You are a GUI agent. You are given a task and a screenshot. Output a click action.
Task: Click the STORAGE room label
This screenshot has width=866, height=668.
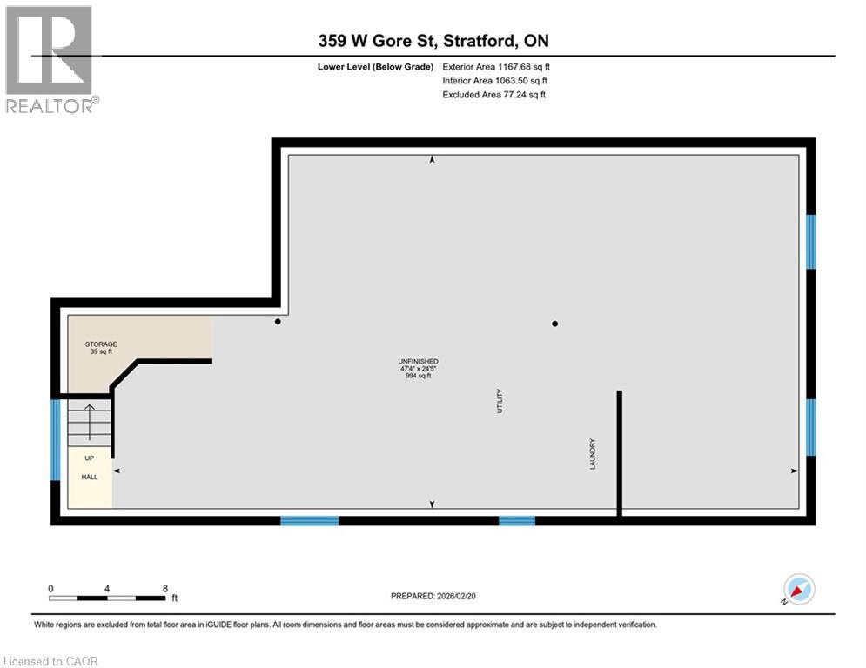coord(100,348)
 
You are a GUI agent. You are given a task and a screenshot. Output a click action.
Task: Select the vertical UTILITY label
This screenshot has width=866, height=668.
coord(500,401)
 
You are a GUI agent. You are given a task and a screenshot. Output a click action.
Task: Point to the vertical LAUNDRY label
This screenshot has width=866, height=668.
coord(592,454)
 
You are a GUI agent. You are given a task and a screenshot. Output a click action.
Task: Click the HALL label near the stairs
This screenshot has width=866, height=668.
coord(90,477)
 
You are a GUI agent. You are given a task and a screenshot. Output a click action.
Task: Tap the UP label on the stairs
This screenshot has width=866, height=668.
coord(90,458)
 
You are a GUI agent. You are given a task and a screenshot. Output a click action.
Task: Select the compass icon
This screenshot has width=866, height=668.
coord(798,590)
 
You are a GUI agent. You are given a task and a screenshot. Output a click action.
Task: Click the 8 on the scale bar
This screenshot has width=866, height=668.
coord(165,588)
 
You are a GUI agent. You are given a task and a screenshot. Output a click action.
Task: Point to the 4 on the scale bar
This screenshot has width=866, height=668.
coord(107,588)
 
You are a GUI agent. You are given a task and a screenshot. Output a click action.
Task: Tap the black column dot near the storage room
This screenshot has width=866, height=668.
coord(278,322)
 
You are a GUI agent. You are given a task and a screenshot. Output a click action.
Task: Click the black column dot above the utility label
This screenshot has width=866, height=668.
coord(554,324)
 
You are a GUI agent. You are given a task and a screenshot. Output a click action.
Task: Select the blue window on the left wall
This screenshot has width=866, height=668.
coord(56,440)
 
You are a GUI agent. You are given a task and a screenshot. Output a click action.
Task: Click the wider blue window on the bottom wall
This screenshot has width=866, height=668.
coord(309,520)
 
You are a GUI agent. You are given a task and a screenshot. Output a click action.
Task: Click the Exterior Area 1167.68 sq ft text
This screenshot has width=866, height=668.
coord(496,66)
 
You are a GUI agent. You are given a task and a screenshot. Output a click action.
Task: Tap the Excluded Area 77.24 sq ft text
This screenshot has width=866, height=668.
coord(494,95)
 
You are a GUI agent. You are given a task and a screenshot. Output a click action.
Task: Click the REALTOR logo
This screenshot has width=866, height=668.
coord(50,59)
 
